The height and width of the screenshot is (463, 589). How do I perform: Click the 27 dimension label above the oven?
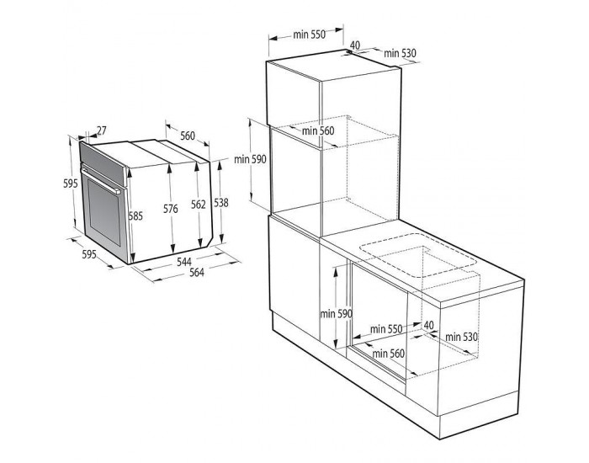point(102,130)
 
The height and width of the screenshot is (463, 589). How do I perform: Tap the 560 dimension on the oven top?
point(187,136)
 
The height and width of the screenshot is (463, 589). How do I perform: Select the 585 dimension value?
point(135,216)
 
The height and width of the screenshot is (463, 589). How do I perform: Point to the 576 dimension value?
point(171,210)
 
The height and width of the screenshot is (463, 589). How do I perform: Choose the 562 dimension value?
point(198,204)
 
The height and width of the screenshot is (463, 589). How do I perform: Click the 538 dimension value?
point(220,201)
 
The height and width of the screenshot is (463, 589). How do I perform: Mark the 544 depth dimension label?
point(183,262)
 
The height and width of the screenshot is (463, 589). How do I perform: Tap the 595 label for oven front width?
point(89,253)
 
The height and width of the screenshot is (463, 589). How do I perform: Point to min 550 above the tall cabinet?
point(309,35)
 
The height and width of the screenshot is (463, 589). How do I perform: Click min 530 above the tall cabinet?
point(401,54)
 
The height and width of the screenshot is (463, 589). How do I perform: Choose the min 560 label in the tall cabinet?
point(318,130)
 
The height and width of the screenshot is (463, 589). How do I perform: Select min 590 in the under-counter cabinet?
point(335,314)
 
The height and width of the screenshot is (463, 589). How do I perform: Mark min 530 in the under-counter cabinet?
point(461,337)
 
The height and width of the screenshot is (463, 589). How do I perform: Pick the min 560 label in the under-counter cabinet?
point(390,354)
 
